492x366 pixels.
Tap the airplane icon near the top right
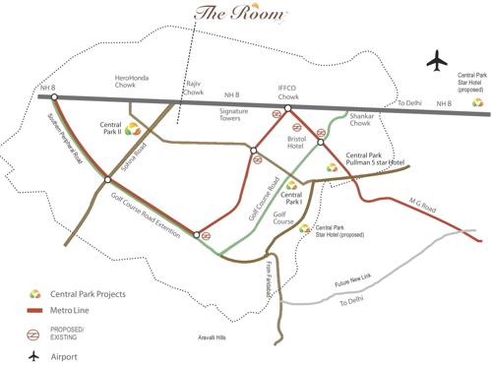pyautogui.click(x=437, y=60)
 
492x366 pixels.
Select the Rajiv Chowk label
pyautogui.click(x=196, y=89)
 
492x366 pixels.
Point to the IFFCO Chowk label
pyautogui.click(x=287, y=94)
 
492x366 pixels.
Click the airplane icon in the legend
pyautogui.click(x=35, y=355)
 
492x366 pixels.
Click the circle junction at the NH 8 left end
pyautogui.click(x=54, y=96)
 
